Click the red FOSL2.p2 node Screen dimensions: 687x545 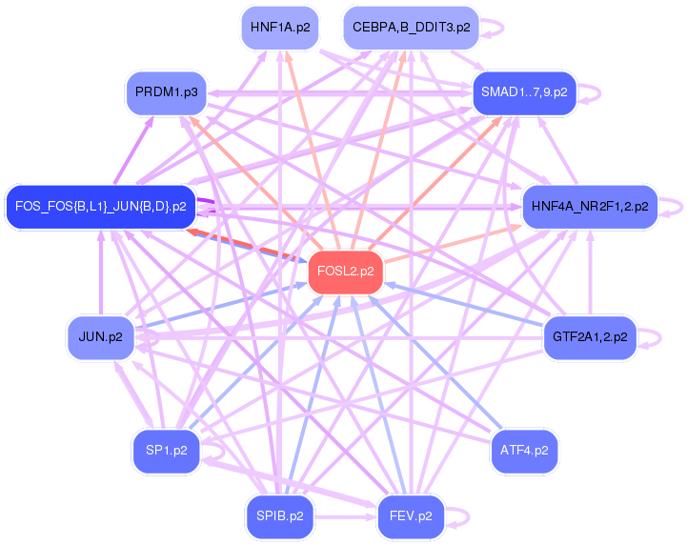click(x=341, y=272)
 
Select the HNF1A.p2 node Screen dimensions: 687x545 click(x=279, y=28)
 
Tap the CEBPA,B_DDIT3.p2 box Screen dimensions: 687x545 click(x=411, y=28)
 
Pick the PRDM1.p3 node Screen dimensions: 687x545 click(x=166, y=92)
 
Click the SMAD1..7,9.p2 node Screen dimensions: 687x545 click(x=524, y=92)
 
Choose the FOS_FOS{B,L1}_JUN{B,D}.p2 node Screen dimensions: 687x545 click(x=100, y=206)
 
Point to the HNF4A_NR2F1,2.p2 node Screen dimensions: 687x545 click(x=590, y=206)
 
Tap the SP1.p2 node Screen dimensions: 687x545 click(x=166, y=451)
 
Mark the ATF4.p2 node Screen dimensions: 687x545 click(x=524, y=451)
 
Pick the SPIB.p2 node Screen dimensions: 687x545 click(x=279, y=516)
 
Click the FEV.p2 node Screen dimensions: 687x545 click(x=411, y=516)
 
